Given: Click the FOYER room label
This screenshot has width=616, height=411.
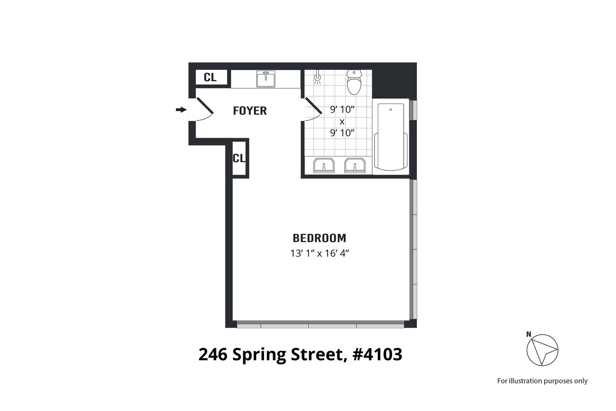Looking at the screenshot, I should (x=250, y=111).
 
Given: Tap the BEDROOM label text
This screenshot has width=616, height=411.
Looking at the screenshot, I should (x=319, y=238).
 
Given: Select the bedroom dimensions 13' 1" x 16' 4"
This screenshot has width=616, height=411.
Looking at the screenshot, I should (x=319, y=253).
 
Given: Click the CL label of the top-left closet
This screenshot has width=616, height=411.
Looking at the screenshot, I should (x=210, y=77).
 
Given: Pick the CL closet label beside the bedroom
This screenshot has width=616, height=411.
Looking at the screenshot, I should (x=239, y=158).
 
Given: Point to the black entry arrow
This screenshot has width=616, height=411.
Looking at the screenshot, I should (x=181, y=110).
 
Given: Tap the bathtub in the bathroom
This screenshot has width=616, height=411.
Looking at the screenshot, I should (x=391, y=137).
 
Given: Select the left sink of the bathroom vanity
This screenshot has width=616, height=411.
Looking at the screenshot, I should (x=324, y=166).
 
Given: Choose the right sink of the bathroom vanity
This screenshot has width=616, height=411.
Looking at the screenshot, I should (x=355, y=166).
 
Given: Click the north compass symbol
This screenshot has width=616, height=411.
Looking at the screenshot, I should (x=542, y=350).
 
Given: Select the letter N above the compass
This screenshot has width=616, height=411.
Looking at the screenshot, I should (x=529, y=334).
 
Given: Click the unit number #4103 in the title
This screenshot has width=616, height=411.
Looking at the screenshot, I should (x=377, y=354).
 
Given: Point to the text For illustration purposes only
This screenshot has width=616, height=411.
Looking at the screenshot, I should (x=542, y=381).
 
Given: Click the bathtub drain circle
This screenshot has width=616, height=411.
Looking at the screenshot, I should (x=391, y=110).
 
